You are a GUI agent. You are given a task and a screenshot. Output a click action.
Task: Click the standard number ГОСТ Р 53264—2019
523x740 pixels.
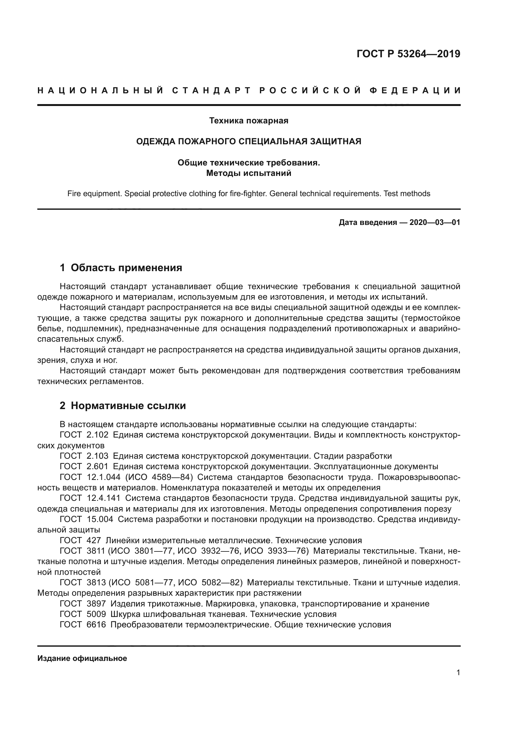tap(408, 54)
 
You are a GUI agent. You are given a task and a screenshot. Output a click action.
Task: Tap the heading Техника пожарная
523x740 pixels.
tap(249, 121)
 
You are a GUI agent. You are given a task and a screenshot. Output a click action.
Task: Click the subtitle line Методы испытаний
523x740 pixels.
tap(249, 173)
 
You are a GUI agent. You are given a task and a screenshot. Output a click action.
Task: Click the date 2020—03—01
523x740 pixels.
tap(434, 222)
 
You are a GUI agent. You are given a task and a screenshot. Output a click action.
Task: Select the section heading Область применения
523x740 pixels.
tap(126, 268)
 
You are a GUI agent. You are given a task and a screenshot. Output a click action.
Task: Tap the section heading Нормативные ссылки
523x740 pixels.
tap(128, 406)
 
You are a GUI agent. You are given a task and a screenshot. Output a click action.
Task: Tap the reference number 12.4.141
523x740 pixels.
tap(103, 498)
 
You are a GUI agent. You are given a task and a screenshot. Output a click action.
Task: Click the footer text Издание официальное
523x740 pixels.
tap(82, 658)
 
